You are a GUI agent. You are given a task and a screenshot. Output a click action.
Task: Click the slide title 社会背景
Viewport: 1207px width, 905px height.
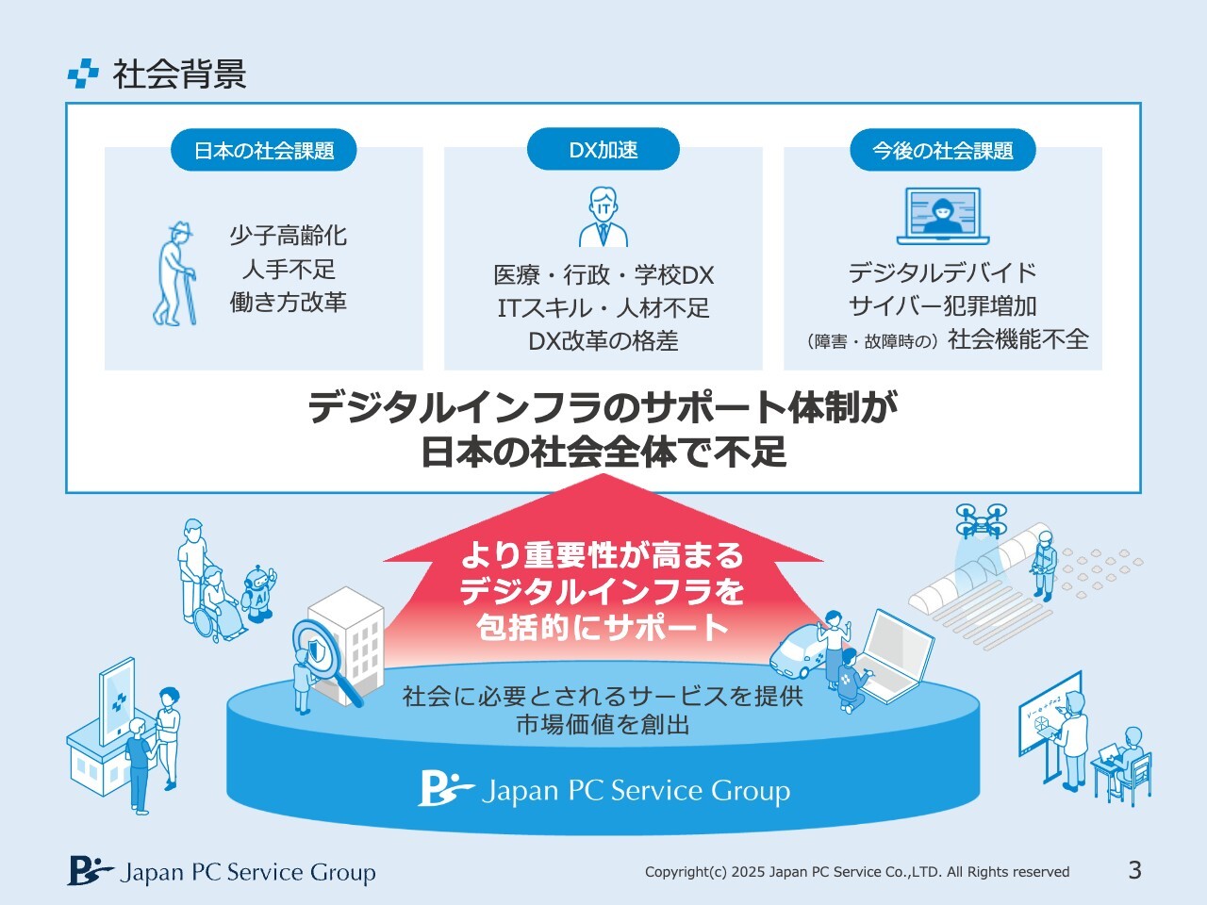[x=179, y=74]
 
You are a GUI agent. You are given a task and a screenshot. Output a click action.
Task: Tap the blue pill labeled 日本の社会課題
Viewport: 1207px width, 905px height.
[x=263, y=150]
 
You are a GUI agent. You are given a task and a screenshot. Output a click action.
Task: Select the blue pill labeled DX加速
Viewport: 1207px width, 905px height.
[x=603, y=150]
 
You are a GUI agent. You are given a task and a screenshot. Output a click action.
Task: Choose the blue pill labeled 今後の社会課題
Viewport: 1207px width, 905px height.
[x=943, y=150]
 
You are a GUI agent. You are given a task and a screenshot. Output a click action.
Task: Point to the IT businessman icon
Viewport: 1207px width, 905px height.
[x=603, y=217]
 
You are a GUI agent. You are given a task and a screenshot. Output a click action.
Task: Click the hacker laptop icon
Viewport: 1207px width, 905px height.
[x=943, y=216]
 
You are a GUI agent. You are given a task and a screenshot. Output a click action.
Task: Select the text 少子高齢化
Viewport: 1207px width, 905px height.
[x=289, y=235]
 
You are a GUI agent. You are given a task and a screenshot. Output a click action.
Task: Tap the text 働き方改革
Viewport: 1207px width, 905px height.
[x=289, y=303]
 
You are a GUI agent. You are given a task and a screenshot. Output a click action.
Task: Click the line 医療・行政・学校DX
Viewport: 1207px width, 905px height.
[x=603, y=275]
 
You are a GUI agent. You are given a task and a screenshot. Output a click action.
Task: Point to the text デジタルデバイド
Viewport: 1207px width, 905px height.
[x=943, y=272]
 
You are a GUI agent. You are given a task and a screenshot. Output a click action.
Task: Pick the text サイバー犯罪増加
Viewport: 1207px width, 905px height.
[x=943, y=306]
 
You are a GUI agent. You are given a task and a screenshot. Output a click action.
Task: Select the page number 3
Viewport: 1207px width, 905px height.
[x=1135, y=870]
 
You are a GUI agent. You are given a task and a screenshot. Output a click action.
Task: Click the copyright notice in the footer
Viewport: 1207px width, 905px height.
[x=857, y=872]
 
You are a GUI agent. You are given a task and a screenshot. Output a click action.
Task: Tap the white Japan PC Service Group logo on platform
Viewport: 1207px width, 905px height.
[x=603, y=789]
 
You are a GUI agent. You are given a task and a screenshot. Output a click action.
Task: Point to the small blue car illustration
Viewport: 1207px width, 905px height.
[x=799, y=651]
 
